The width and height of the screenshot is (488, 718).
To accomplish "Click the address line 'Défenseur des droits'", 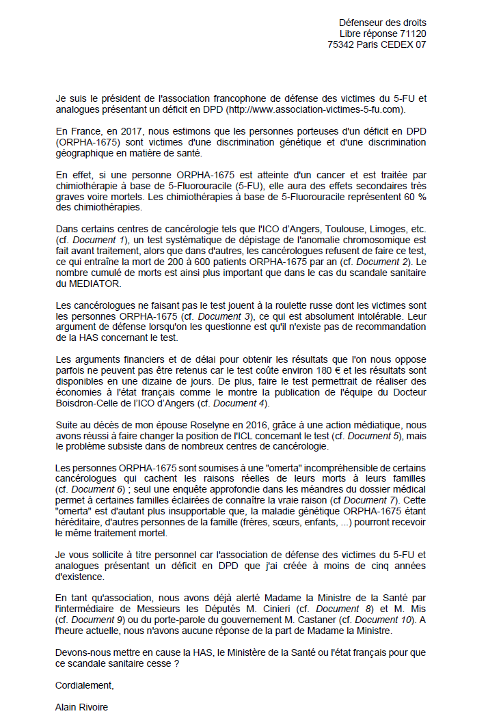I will (x=382, y=23).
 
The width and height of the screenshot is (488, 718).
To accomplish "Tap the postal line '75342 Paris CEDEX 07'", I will (x=377, y=44).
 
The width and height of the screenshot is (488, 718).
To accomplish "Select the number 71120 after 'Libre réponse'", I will (x=413, y=33).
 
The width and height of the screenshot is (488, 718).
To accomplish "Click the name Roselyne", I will (x=195, y=424).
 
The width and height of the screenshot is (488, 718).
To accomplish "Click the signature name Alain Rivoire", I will (x=81, y=706).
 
